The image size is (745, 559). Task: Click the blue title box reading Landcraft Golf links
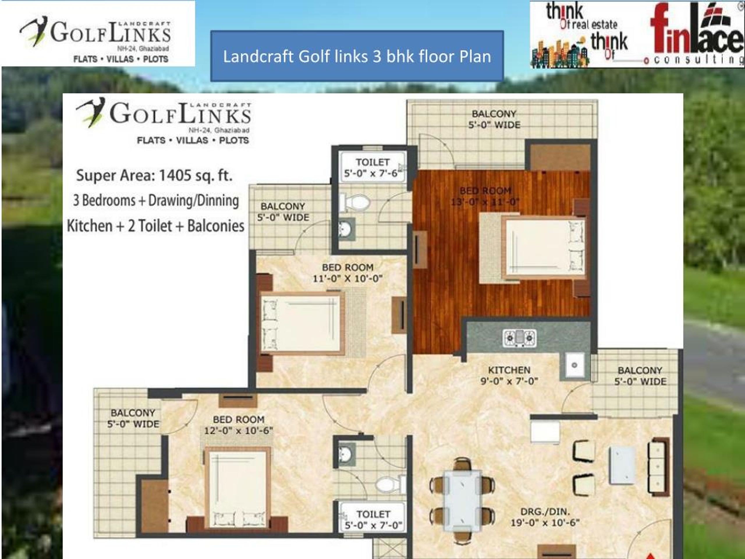pos(357,56)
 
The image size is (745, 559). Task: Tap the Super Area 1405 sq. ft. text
pos(154,176)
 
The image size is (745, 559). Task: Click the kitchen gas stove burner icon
pos(519,338)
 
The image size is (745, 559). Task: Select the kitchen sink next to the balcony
pos(574,365)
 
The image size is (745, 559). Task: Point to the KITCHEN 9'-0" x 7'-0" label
pos(509,375)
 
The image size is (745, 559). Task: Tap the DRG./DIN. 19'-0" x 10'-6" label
pos(545,517)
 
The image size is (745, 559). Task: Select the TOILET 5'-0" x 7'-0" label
pos(373,519)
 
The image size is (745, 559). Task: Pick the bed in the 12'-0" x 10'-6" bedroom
pos(237,489)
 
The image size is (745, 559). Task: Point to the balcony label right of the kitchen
pos(640,376)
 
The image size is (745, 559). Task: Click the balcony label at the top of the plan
pos(494,119)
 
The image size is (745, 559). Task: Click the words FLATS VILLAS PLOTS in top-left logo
pos(120,59)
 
